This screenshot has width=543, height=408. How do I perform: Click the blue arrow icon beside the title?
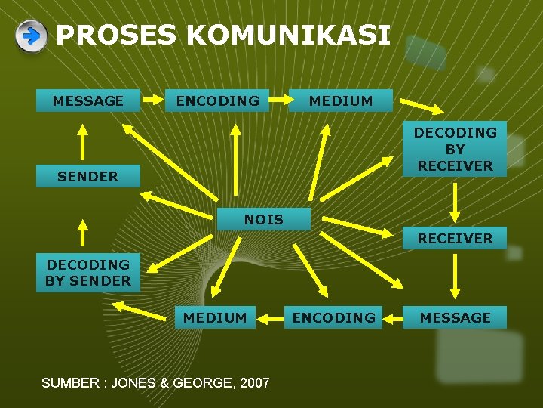click(x=31, y=36)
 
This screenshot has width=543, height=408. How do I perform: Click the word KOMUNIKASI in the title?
click(x=287, y=35)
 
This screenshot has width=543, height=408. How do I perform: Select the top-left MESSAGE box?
click(x=88, y=100)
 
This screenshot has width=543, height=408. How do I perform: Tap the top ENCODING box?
click(x=217, y=100)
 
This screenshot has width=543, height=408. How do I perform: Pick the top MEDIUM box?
click(x=341, y=100)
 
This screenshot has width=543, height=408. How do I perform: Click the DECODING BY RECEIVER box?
click(x=455, y=149)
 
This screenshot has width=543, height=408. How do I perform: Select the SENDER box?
click(x=87, y=176)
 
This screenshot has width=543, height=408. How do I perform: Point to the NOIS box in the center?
click(x=264, y=219)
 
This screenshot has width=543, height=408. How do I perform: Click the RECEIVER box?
click(x=455, y=238)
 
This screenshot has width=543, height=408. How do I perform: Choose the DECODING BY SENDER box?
click(x=88, y=273)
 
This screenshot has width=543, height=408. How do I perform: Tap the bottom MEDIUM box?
click(x=215, y=318)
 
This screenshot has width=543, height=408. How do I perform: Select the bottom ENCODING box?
click(x=333, y=318)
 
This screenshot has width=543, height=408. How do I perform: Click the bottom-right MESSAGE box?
click(x=455, y=318)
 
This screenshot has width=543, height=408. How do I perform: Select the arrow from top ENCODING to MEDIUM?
click(x=278, y=100)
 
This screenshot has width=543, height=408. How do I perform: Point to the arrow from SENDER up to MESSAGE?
click(x=84, y=141)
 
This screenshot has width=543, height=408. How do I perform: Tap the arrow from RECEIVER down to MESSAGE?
click(x=455, y=277)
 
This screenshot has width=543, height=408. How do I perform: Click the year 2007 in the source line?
click(x=254, y=383)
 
